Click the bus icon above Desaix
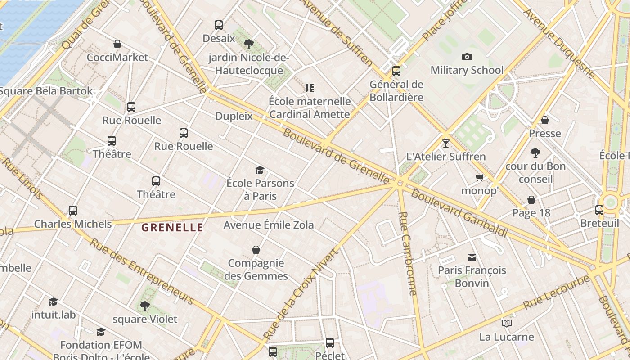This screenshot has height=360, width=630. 219,25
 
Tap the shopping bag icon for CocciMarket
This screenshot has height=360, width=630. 117,44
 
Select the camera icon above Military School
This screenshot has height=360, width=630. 467,57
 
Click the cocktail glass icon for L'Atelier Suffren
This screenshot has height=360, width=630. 446,144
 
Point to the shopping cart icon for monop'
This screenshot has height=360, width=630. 480,177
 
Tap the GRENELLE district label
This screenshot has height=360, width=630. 172,228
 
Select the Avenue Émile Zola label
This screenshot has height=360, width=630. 269,225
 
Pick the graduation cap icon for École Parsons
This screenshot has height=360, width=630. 260,170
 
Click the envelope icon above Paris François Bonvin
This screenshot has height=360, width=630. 472,257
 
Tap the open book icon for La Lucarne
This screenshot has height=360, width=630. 507,323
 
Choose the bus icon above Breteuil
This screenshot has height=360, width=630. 599,210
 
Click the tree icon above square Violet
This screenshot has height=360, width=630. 145,306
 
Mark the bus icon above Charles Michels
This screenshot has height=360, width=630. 73,211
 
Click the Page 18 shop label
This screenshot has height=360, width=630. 531,213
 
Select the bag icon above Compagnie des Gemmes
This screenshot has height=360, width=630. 256,250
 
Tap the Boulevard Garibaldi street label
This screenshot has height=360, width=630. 459,213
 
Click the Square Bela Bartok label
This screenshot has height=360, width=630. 46,91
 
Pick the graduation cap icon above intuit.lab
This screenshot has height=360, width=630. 54,301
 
